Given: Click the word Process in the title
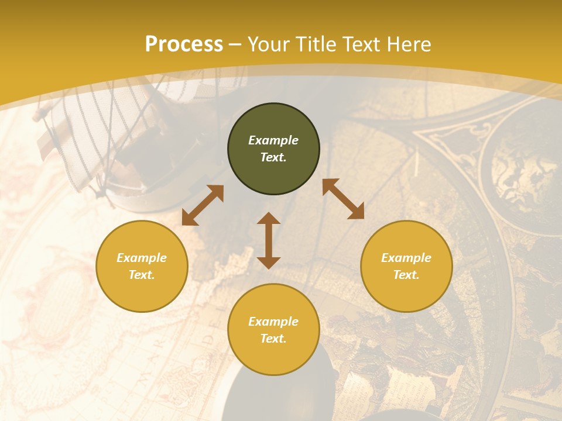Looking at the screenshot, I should coord(184,44).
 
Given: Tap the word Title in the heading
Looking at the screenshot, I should coord(317,44).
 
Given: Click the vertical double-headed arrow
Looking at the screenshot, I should coord(269,240).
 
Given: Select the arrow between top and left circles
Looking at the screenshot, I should coord(203,205).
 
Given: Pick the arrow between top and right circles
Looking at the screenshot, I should coord(343,199).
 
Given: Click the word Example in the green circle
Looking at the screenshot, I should coord(273,140).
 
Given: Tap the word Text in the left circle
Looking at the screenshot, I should coord(142,275).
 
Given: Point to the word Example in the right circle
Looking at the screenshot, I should coord(406,258).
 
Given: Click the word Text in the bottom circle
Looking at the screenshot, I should coord(273,339).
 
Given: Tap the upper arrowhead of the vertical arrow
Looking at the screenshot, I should coord(269,219).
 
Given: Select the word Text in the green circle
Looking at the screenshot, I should coord(273,157).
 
